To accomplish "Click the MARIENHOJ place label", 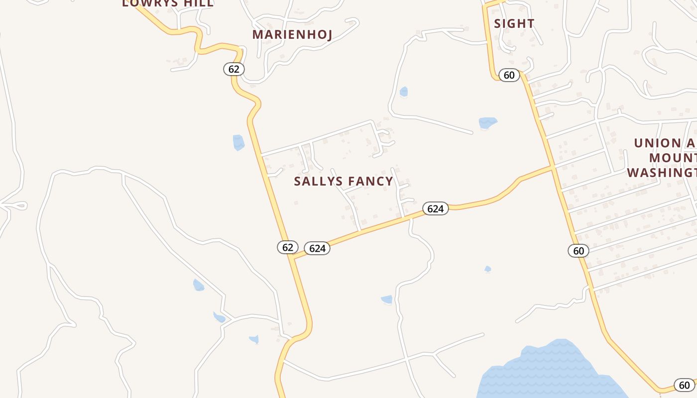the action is (292, 34).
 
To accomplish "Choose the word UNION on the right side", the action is (657, 143).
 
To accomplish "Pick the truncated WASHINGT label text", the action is (661, 173).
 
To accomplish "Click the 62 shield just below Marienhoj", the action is (234, 69).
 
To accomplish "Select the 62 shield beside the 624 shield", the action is (288, 247).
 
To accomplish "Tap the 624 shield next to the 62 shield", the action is (317, 248).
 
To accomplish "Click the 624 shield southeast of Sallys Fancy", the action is (436, 208).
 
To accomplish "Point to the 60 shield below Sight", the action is (509, 75).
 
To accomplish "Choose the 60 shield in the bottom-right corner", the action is (685, 385).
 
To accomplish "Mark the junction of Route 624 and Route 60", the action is (553, 167).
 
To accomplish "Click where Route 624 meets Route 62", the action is (293, 258).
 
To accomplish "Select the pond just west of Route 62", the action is (238, 142).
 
